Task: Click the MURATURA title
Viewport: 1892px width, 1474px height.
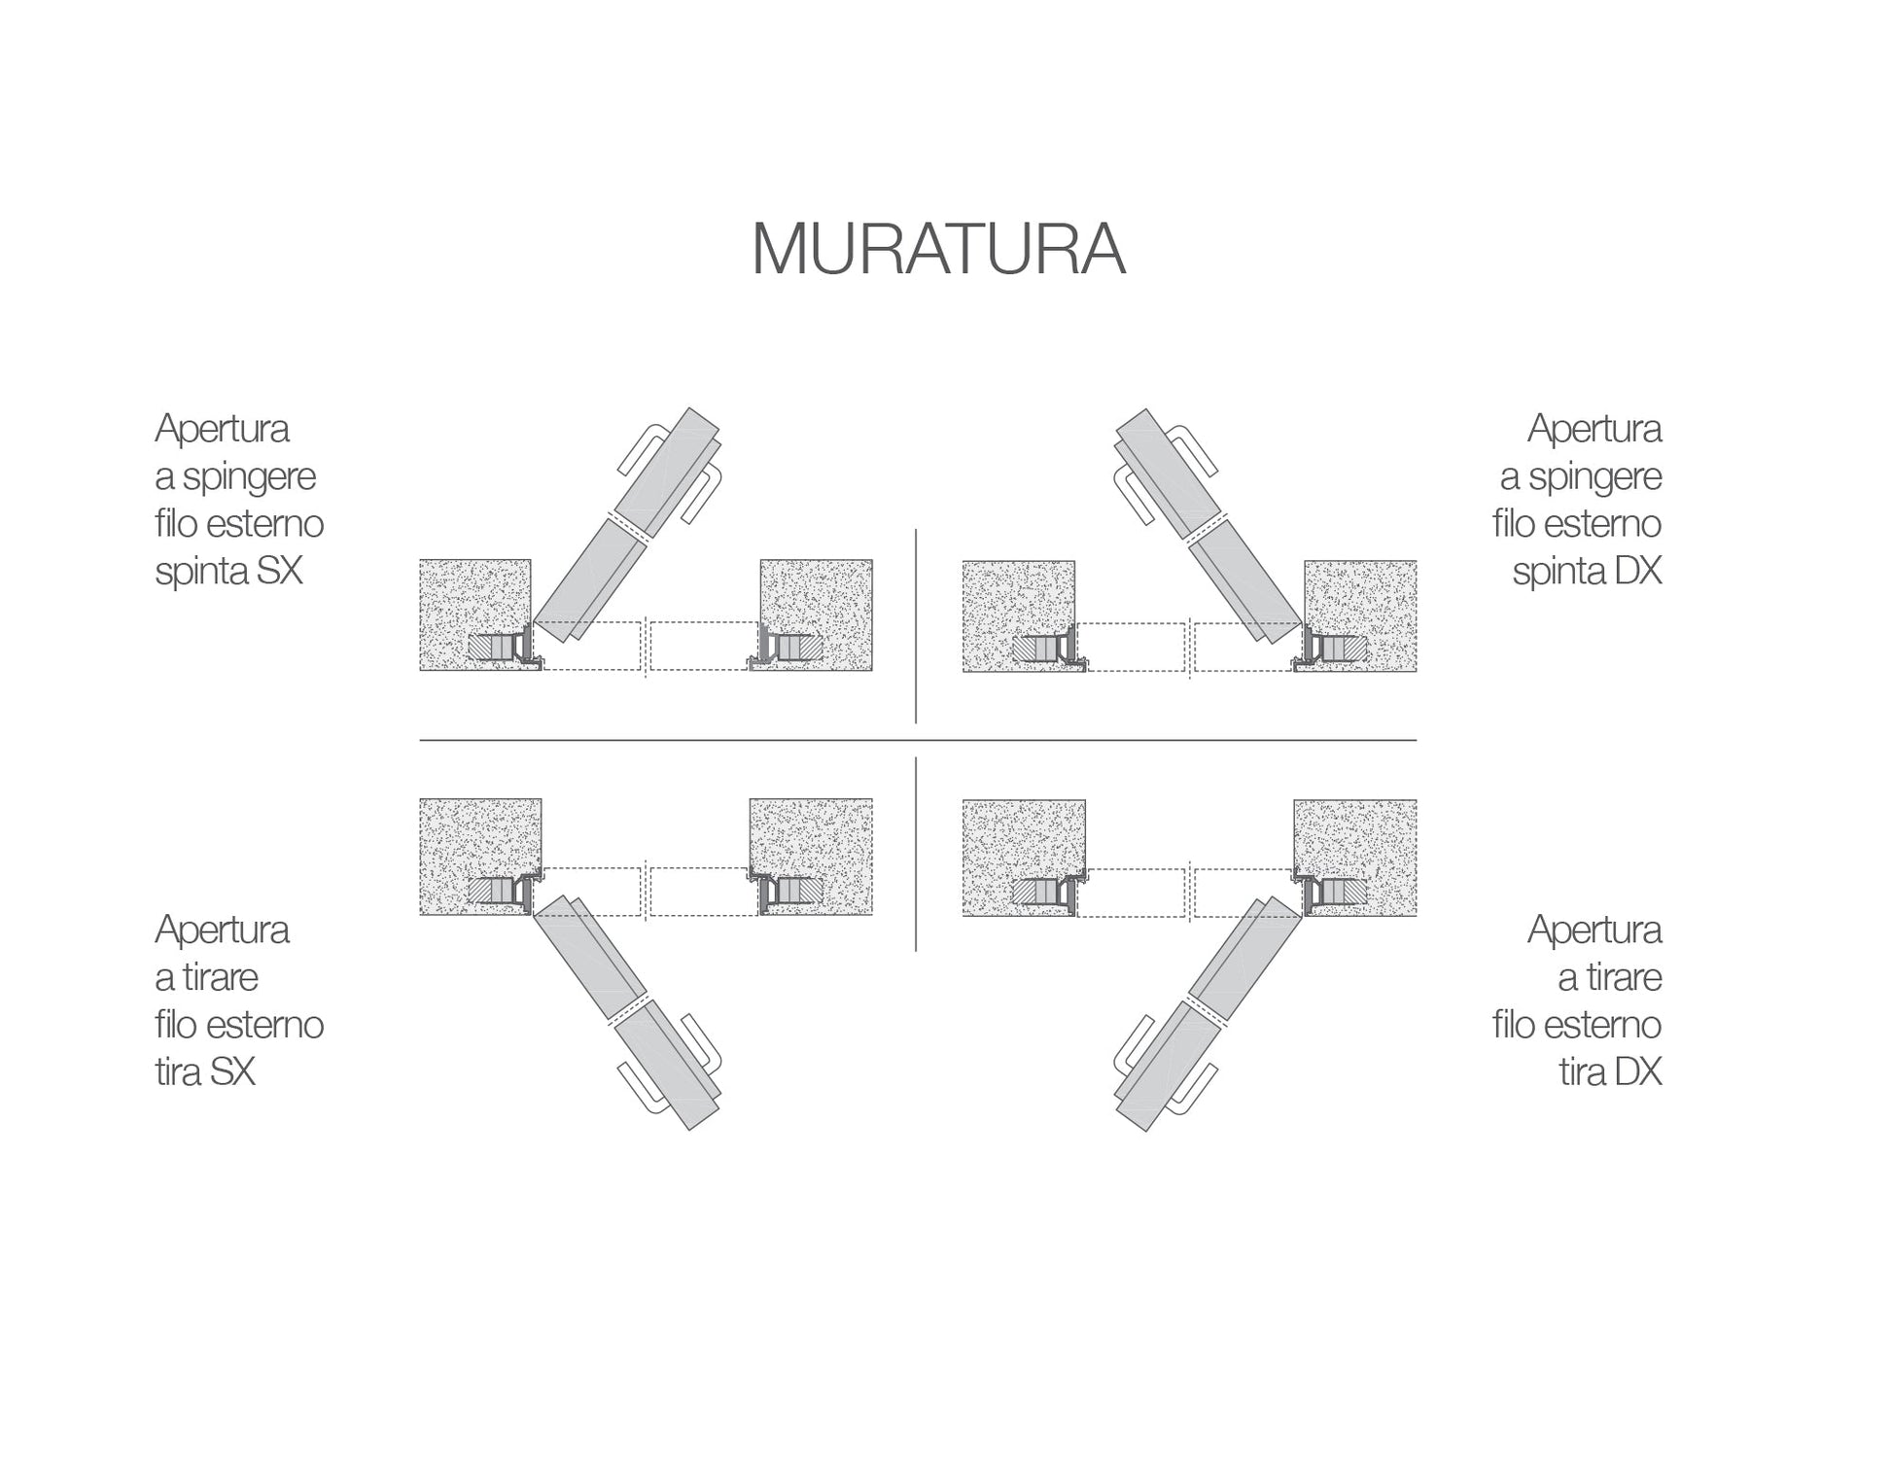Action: [x=938, y=250]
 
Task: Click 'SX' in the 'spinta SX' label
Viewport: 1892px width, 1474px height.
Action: [x=280, y=571]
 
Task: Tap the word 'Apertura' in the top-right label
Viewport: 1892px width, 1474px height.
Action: [x=1594, y=429]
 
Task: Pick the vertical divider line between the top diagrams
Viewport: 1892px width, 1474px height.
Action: [x=916, y=626]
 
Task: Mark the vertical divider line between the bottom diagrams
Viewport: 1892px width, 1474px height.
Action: [x=916, y=854]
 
